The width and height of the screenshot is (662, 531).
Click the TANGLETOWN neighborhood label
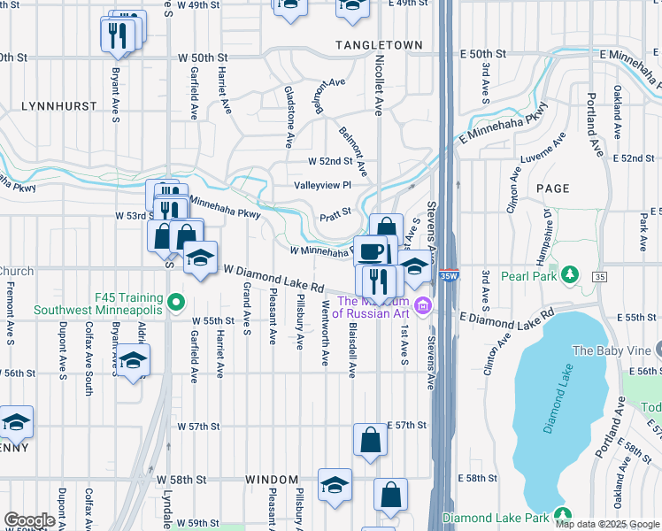coord(373,44)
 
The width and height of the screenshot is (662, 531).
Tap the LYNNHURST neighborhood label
coord(61,105)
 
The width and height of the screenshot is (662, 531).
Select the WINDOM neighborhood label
coord(272,480)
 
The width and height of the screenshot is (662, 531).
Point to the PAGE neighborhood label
coord(552,189)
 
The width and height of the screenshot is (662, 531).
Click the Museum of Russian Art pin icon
coord(424,306)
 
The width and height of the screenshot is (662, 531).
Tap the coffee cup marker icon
coord(372,250)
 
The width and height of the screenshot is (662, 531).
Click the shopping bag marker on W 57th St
coord(370,439)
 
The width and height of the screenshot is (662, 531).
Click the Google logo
coord(30,520)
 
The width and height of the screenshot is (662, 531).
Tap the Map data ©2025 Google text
coord(606,524)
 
